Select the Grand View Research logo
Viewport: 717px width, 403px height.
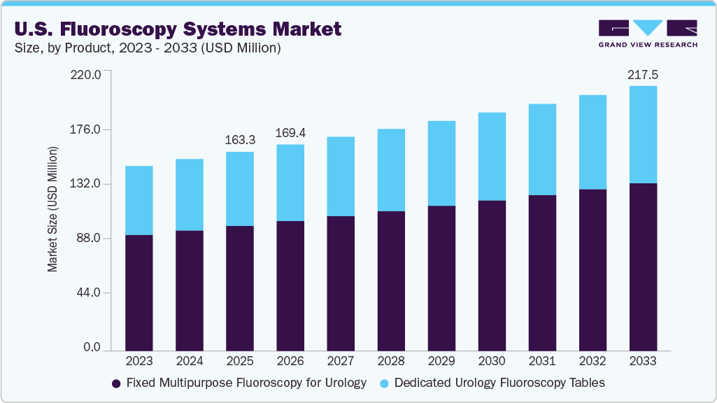648,33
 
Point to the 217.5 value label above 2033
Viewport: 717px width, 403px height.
643,73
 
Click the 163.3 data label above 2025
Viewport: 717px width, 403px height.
240,140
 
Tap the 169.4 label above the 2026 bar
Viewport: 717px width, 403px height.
290,133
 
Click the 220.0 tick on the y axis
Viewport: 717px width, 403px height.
87,73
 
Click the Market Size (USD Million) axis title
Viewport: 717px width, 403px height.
52,210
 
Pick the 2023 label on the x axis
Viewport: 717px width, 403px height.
139,362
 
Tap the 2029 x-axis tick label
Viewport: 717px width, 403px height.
441,362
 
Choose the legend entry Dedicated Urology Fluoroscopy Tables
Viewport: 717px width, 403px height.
499,383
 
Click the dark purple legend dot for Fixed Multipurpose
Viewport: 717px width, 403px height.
116,383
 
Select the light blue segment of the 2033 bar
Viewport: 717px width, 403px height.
643,134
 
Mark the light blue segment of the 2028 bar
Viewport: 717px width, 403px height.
391,170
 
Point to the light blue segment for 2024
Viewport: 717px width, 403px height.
190,195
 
